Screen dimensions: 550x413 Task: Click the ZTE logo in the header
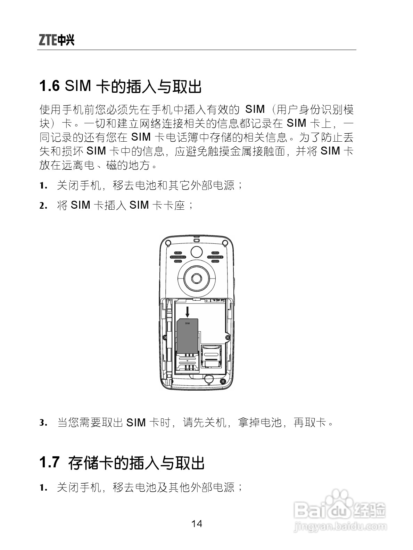click(x=56, y=41)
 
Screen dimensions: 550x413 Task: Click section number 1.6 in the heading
click(x=49, y=86)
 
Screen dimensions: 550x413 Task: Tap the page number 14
click(x=197, y=523)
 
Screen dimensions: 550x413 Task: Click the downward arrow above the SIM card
click(x=188, y=311)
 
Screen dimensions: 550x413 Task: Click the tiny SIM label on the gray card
click(x=188, y=323)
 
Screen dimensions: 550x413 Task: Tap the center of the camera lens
click(x=197, y=278)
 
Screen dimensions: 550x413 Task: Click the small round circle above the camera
click(x=197, y=251)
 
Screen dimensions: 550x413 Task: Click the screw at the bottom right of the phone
click(x=224, y=381)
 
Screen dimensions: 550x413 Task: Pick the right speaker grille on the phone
click(x=216, y=257)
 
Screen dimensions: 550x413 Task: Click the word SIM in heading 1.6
click(x=78, y=86)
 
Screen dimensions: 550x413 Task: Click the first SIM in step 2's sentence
click(x=80, y=205)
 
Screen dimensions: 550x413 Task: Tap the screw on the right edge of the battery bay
click(x=227, y=337)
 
